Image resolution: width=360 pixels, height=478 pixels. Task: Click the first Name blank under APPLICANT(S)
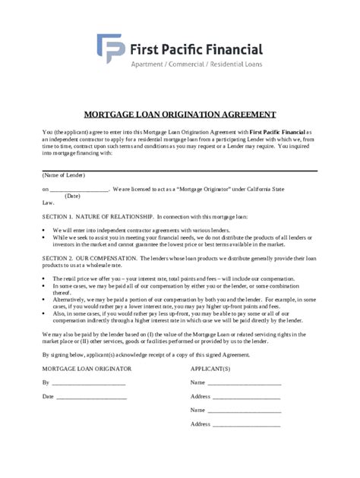click(245, 383)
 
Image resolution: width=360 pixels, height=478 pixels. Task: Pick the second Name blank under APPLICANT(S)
click(245, 410)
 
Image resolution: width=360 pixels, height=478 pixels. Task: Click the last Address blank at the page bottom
click(248, 425)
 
